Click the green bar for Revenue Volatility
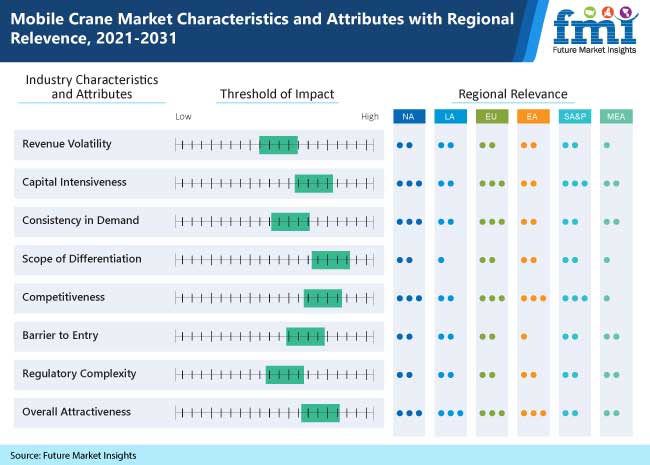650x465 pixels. [x=278, y=144]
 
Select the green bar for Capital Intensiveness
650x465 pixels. [x=314, y=183]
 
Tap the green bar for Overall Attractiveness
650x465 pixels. [x=320, y=412]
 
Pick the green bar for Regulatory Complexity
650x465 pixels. [x=284, y=374]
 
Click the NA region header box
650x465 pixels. [x=407, y=117]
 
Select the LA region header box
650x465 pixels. [x=448, y=117]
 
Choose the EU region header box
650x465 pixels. [x=490, y=117]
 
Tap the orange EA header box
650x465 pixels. [x=531, y=117]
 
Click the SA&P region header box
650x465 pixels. [x=573, y=117]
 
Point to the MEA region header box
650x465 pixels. [x=614, y=117]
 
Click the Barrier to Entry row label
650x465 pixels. [x=60, y=335]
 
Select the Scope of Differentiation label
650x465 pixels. [x=82, y=259]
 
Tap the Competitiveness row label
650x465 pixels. [x=63, y=297]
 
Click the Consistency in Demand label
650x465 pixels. [x=81, y=220]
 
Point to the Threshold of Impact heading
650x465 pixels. [x=276, y=94]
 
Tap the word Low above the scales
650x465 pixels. [x=183, y=117]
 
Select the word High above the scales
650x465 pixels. [x=370, y=117]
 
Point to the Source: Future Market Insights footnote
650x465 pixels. [x=73, y=455]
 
